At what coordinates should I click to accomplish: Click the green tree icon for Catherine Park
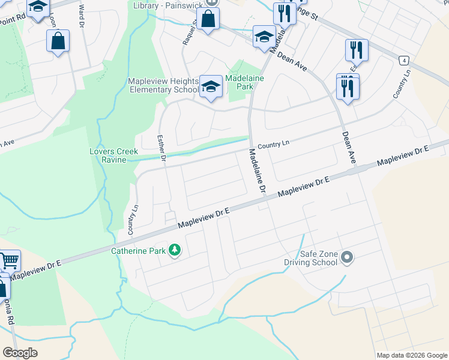175,249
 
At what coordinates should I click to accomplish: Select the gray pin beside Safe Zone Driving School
347,258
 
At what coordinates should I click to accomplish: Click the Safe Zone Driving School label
310,258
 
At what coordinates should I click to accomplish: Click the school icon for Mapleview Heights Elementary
211,86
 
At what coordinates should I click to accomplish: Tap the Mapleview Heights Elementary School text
163,86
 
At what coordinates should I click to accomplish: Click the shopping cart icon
9,261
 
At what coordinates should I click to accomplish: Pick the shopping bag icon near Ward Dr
58,41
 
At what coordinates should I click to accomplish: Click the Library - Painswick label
167,5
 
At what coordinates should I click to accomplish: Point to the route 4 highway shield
405,61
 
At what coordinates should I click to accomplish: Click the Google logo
20,352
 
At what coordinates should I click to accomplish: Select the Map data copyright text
412,355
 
